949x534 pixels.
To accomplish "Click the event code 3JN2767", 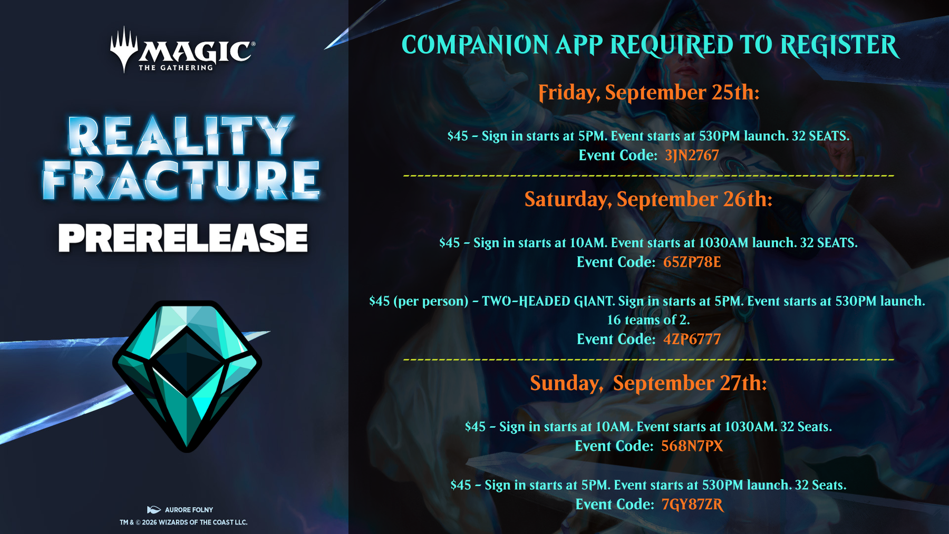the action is [692, 156].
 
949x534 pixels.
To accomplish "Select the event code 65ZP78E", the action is [692, 262].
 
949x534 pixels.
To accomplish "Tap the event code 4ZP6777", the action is [692, 339].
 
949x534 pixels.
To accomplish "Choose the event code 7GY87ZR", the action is [692, 504].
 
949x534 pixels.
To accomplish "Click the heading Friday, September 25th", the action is [648, 93].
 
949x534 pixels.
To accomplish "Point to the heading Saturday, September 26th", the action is [648, 199].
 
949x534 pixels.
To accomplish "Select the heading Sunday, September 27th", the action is [648, 383].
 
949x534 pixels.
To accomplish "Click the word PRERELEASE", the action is [183, 238].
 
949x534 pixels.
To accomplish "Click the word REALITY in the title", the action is [181, 135].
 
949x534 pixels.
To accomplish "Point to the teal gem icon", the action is [187, 376].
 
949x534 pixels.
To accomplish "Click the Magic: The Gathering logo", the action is [182, 50].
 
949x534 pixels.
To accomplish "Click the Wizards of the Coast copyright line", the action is [183, 522].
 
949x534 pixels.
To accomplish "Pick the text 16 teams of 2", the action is [648, 320].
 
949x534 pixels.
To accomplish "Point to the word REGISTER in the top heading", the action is [839, 45].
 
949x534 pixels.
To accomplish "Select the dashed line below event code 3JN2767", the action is [648, 176].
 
